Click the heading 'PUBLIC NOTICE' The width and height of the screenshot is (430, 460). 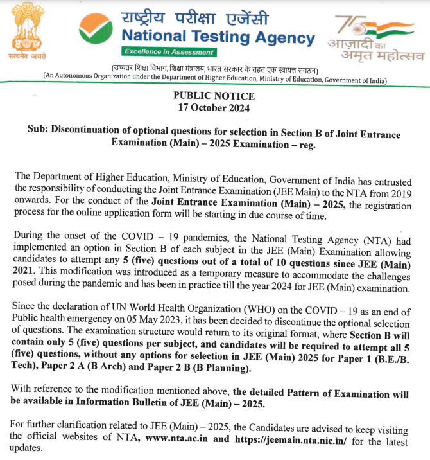[214, 96]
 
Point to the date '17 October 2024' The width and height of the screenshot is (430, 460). [214, 107]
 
